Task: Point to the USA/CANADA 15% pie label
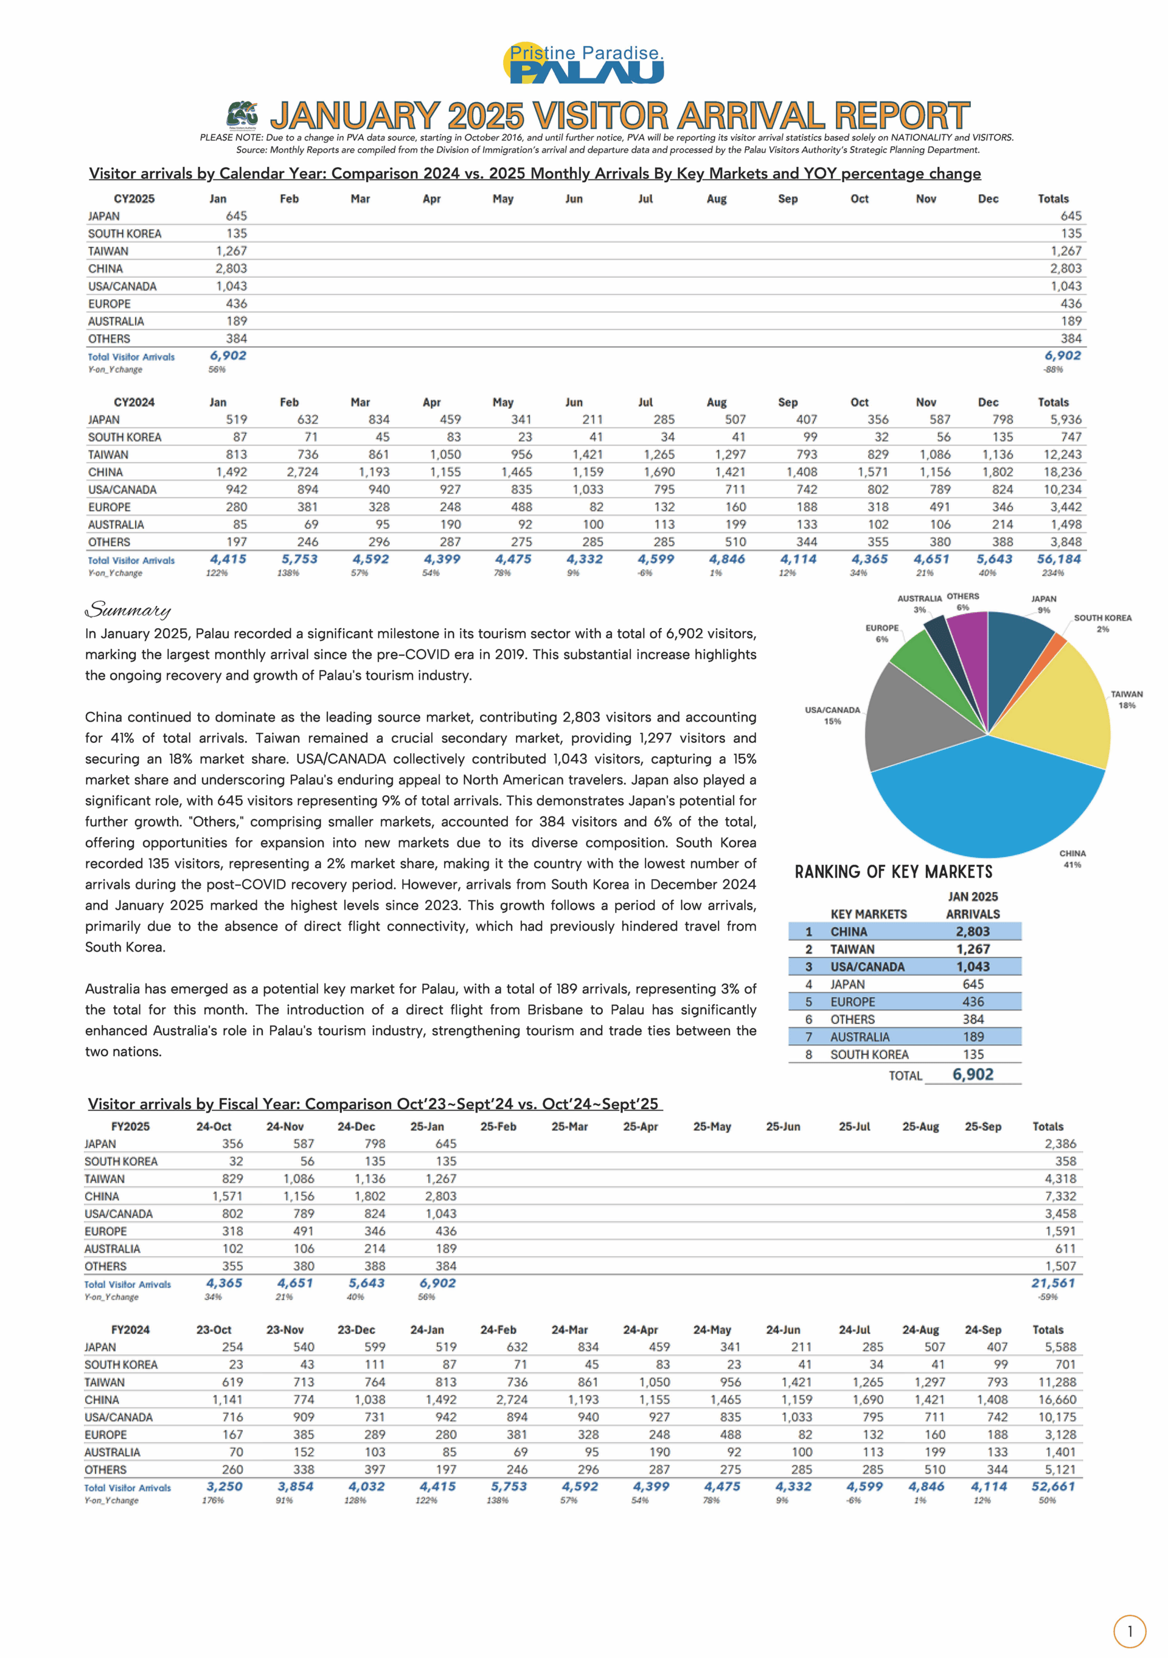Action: [x=832, y=715]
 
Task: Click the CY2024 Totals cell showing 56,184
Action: [x=1059, y=559]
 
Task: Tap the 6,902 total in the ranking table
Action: [x=972, y=1074]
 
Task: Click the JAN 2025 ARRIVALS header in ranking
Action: [x=972, y=905]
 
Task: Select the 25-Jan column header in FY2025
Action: [x=427, y=1127]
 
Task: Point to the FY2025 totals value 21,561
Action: [x=1052, y=1283]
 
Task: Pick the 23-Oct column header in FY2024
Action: [x=213, y=1330]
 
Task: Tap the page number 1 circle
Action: [x=1130, y=1631]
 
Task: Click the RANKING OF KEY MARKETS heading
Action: [x=893, y=872]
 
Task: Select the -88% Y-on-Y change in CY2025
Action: [x=1052, y=370]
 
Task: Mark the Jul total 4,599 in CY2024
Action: [x=656, y=559]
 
